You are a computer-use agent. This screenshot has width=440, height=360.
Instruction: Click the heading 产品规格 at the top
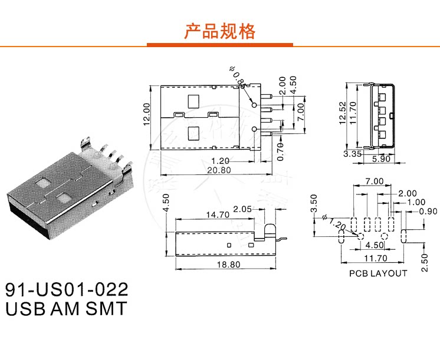220,31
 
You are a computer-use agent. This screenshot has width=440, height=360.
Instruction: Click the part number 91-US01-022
67,290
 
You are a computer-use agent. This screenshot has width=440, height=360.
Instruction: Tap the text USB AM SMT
65,309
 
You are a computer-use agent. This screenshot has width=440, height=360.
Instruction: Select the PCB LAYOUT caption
378,273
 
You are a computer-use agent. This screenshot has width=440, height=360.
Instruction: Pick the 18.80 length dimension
227,265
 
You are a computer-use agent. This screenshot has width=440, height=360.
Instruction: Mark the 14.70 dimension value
218,216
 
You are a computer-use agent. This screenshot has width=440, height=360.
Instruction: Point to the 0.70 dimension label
281,150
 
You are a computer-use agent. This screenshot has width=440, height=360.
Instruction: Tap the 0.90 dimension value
428,212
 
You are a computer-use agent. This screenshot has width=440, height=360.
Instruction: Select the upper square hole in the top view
194,101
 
